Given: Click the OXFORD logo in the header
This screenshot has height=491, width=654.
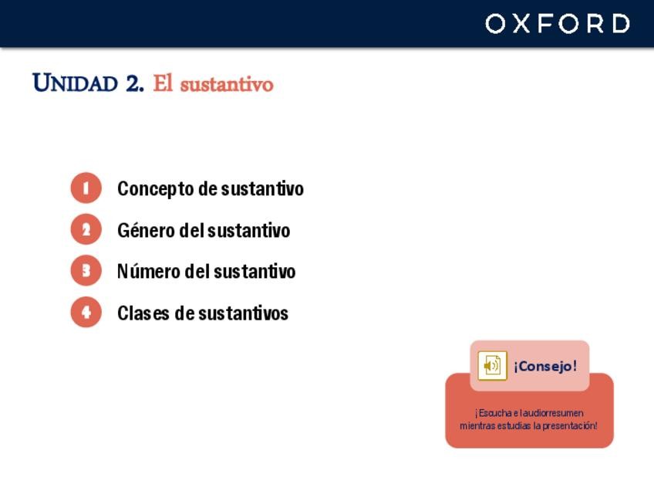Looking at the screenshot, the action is click(x=558, y=24).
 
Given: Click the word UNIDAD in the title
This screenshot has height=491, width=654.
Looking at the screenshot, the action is click(x=75, y=83).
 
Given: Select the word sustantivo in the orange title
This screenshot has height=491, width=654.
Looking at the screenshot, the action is click(x=227, y=84).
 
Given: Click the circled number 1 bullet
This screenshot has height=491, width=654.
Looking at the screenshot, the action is click(x=86, y=188).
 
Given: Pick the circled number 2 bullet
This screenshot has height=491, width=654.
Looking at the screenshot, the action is click(x=86, y=229).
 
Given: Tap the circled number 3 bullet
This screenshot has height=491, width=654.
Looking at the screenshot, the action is click(x=86, y=270).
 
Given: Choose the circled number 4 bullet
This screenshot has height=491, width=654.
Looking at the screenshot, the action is click(x=86, y=312).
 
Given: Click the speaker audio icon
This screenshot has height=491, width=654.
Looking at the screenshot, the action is click(x=492, y=366).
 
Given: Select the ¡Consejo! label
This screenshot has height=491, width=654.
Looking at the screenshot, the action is click(x=545, y=366).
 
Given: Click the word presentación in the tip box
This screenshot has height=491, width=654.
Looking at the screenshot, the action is click(x=569, y=426).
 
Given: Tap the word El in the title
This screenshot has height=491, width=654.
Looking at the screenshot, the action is click(x=163, y=83).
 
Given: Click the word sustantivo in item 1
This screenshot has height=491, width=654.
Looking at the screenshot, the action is click(x=262, y=188).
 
